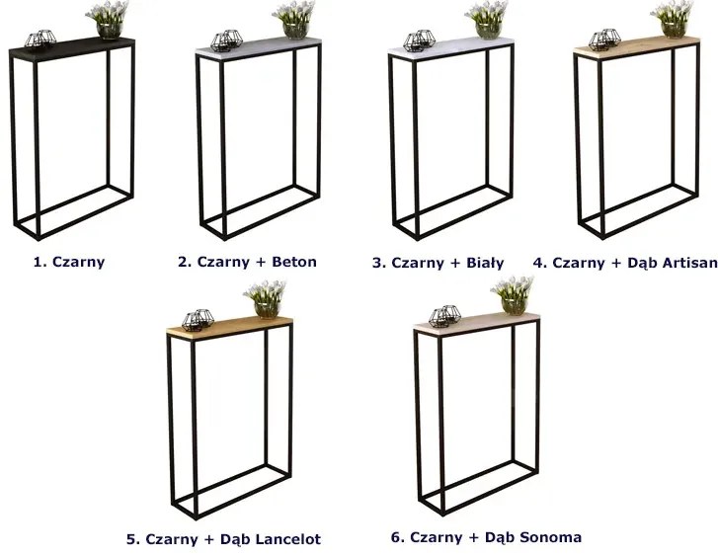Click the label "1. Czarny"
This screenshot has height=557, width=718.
point(69,262)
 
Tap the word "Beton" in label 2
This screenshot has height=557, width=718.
point(294,262)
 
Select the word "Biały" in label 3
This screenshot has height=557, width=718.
point(485,263)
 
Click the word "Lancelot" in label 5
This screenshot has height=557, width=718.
point(287,539)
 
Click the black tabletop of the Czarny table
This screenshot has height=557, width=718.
point(72,49)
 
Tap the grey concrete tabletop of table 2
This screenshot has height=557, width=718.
point(258,48)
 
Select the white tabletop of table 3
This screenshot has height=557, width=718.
point(451,47)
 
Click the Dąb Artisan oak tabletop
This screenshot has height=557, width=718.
point(636,46)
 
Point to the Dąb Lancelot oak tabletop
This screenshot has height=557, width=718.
point(229,325)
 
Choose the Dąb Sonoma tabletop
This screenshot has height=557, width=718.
point(477,322)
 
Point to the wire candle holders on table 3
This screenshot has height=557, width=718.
point(419,40)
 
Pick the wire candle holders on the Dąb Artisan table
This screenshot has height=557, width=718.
point(604,39)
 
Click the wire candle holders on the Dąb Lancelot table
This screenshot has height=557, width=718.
point(198,319)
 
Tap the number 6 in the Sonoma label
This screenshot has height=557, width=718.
point(396,537)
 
